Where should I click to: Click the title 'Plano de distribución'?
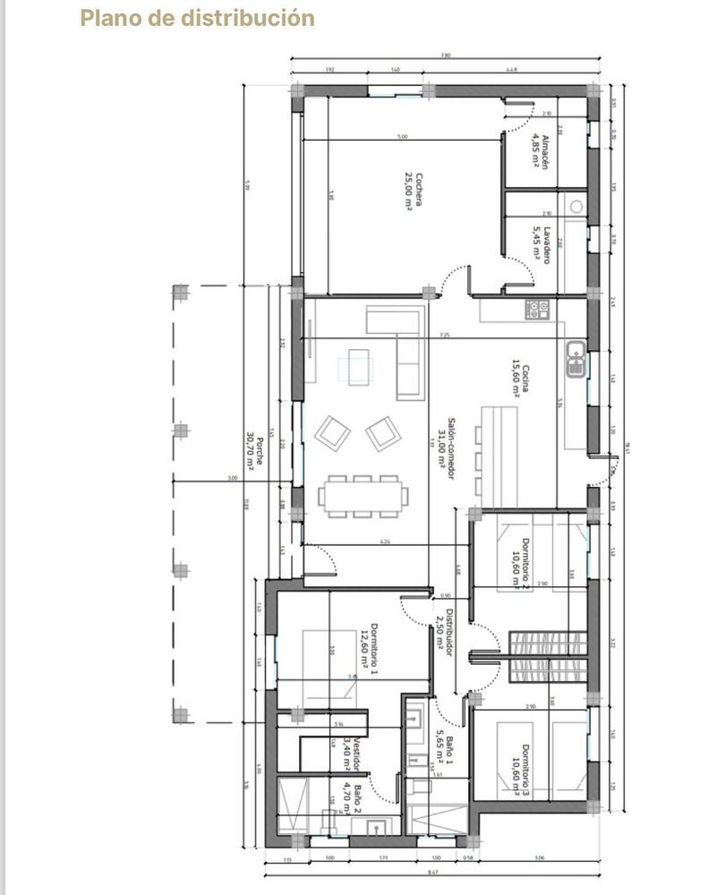(x=197, y=18)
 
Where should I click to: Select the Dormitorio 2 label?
(x=520, y=563)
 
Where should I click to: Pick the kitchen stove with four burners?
(x=539, y=310)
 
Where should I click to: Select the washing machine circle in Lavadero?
(x=575, y=205)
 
